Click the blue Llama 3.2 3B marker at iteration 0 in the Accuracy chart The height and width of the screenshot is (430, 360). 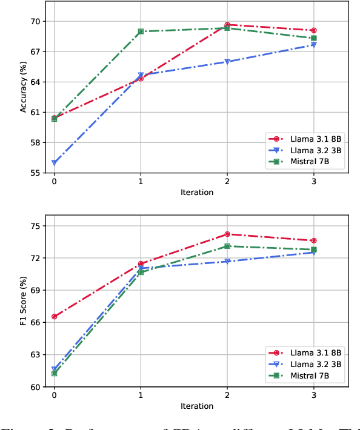pyautogui.click(x=55, y=162)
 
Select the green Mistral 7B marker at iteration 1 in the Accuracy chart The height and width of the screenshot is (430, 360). pyautogui.click(x=141, y=31)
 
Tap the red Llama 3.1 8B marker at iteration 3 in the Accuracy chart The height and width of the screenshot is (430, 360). pyautogui.click(x=313, y=30)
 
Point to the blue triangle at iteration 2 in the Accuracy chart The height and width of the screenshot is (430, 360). pyautogui.click(x=227, y=62)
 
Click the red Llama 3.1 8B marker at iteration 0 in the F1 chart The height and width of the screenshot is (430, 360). pyautogui.click(x=55, y=317)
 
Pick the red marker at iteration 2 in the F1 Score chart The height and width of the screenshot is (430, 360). pyautogui.click(x=227, y=234)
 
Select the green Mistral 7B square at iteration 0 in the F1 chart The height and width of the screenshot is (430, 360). pyautogui.click(x=55, y=373)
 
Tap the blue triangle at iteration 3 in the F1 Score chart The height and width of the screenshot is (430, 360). pyautogui.click(x=313, y=252)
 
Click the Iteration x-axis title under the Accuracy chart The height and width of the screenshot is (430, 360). pyautogui.click(x=197, y=193)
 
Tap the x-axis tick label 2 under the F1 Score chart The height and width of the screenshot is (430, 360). pyautogui.click(x=227, y=395)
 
